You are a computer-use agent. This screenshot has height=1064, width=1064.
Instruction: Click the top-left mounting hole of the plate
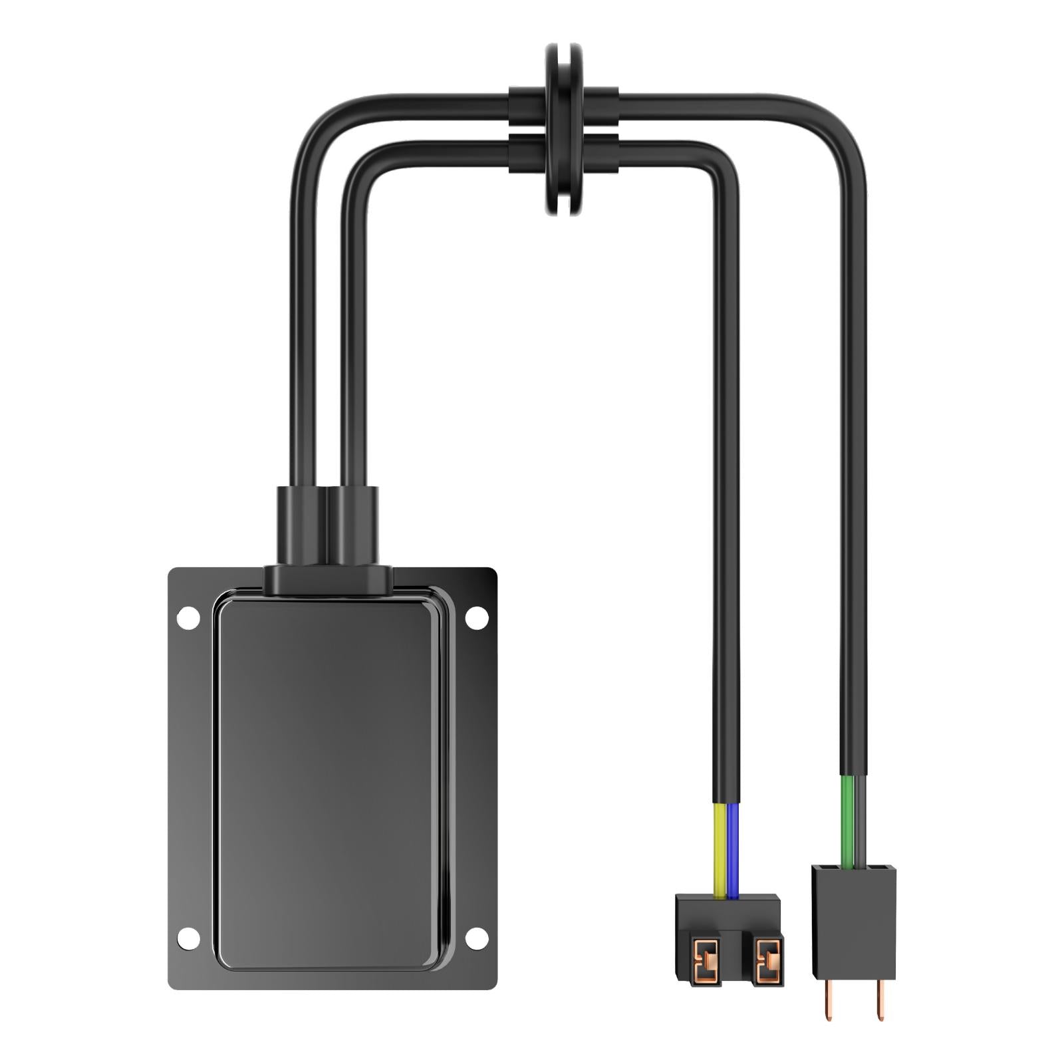coord(189,618)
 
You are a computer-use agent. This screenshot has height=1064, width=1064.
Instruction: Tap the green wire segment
coord(847,821)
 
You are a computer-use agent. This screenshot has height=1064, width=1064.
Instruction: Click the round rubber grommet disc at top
coord(564,130)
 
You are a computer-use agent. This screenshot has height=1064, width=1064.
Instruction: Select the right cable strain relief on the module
coord(354,525)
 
